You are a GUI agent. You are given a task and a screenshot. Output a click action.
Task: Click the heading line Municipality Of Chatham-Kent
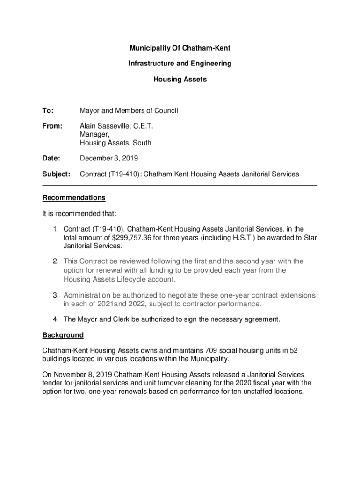point(180,48)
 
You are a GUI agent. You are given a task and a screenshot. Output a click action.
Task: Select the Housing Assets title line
point(180,80)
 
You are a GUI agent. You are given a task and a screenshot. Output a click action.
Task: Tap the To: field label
point(48,111)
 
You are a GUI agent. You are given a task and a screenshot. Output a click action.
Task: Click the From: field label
point(52,126)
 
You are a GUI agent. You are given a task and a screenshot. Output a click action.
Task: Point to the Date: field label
point(51,158)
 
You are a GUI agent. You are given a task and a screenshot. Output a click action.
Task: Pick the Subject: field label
point(56,174)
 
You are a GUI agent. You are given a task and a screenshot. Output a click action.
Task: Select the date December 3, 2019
point(108,158)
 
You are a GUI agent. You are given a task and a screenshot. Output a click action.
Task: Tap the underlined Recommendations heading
point(74,198)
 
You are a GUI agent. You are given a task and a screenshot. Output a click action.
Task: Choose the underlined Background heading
point(63,335)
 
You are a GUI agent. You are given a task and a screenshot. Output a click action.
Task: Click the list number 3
point(55,295)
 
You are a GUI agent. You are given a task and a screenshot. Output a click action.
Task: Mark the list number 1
point(55,229)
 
